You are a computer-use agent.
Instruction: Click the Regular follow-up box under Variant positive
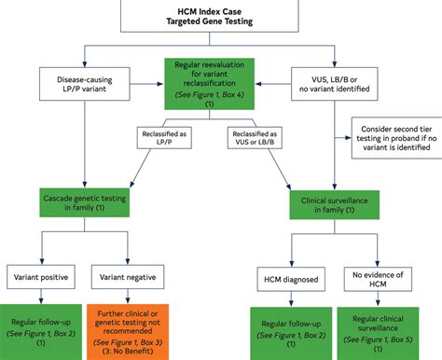point(41,327)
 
